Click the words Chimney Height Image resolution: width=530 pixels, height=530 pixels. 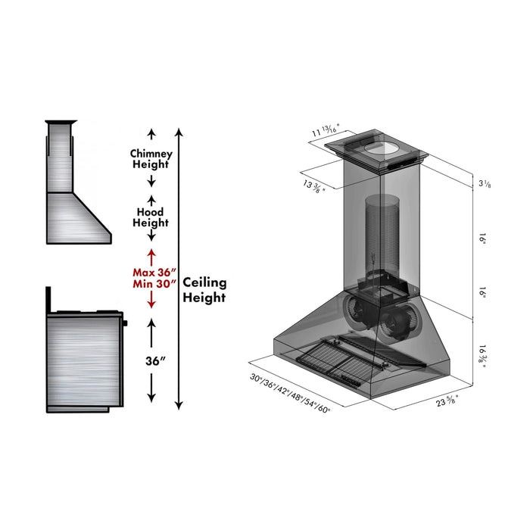point(151,158)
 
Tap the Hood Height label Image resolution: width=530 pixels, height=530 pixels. point(151,217)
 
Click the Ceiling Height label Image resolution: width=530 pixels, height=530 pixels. point(204,289)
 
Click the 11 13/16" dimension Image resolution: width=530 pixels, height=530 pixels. point(326,132)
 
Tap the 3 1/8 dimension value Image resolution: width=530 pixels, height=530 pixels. point(484,185)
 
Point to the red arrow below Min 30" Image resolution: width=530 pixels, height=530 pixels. point(151,301)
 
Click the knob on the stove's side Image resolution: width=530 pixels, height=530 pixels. point(126,323)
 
